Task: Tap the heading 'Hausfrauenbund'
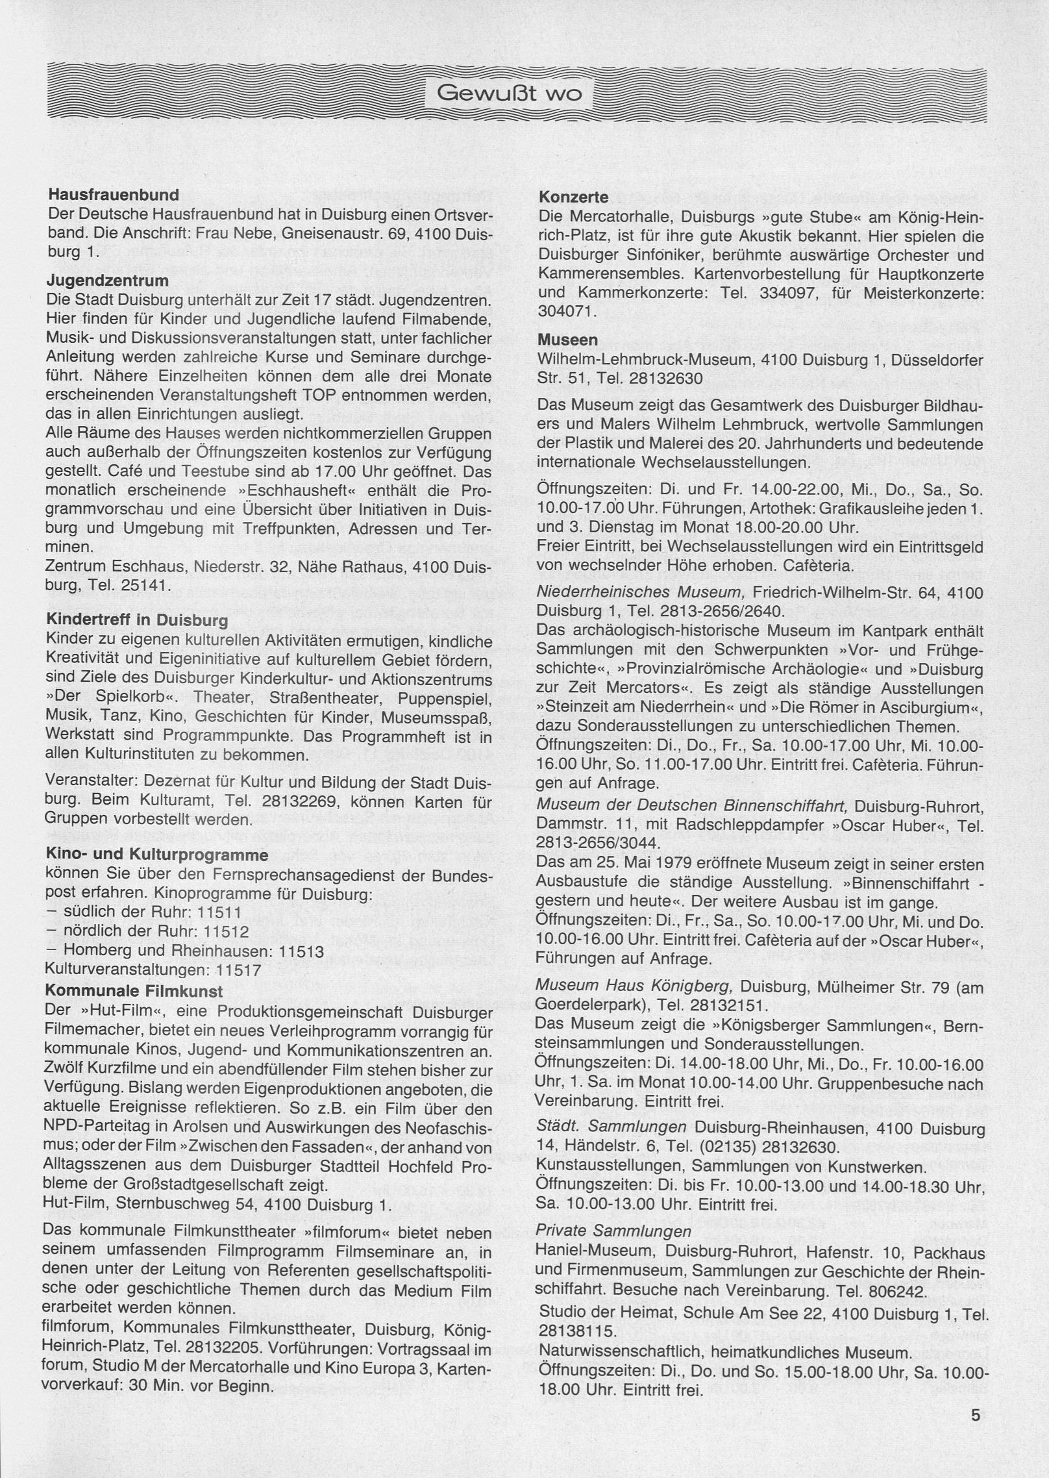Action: (114, 194)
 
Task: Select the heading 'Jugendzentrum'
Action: (108, 281)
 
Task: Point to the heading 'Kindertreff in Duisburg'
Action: (138, 620)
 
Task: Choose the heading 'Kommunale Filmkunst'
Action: (134, 991)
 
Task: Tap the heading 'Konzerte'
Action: (573, 197)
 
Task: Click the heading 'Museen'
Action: (567, 340)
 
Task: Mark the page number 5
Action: (976, 1410)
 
